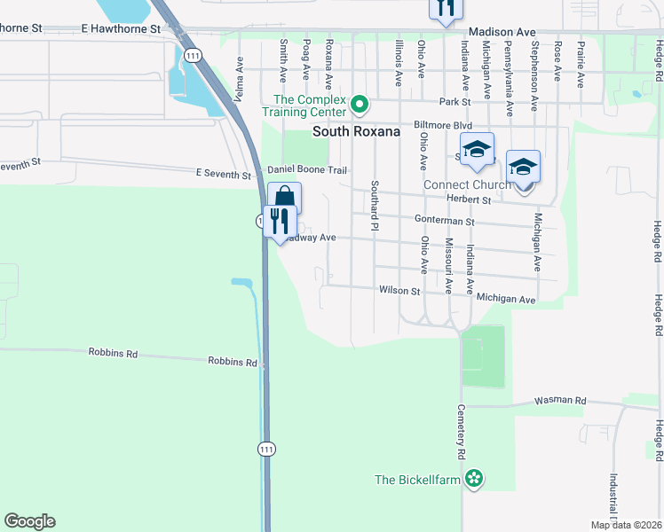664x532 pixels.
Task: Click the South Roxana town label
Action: (x=356, y=131)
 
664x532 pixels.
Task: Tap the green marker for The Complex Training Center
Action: (x=360, y=106)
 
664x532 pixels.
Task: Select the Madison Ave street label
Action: (x=503, y=32)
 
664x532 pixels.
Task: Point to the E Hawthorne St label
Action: (x=120, y=28)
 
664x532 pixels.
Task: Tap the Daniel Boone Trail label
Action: (x=305, y=168)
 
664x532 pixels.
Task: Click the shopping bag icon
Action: (x=284, y=196)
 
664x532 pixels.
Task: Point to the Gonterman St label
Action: (x=445, y=221)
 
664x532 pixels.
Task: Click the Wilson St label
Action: (x=399, y=290)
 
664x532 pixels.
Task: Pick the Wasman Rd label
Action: (x=560, y=401)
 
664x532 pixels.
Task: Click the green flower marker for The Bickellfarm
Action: (x=476, y=480)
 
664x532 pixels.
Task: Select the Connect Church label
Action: (x=467, y=184)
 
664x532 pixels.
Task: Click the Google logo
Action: (x=29, y=521)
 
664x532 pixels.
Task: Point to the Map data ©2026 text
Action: (x=626, y=525)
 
